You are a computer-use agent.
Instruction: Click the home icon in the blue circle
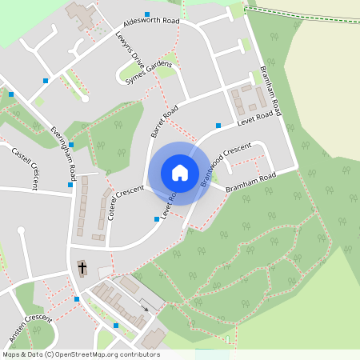(179, 173)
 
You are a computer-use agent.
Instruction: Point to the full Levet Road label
(259, 119)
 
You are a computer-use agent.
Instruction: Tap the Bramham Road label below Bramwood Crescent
(250, 182)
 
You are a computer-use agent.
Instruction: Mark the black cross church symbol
(82, 266)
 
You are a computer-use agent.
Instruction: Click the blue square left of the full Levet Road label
(218, 125)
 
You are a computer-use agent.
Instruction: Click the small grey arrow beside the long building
(144, 304)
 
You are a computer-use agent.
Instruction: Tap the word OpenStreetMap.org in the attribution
(107, 354)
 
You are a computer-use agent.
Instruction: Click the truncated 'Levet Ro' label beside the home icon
(169, 206)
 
